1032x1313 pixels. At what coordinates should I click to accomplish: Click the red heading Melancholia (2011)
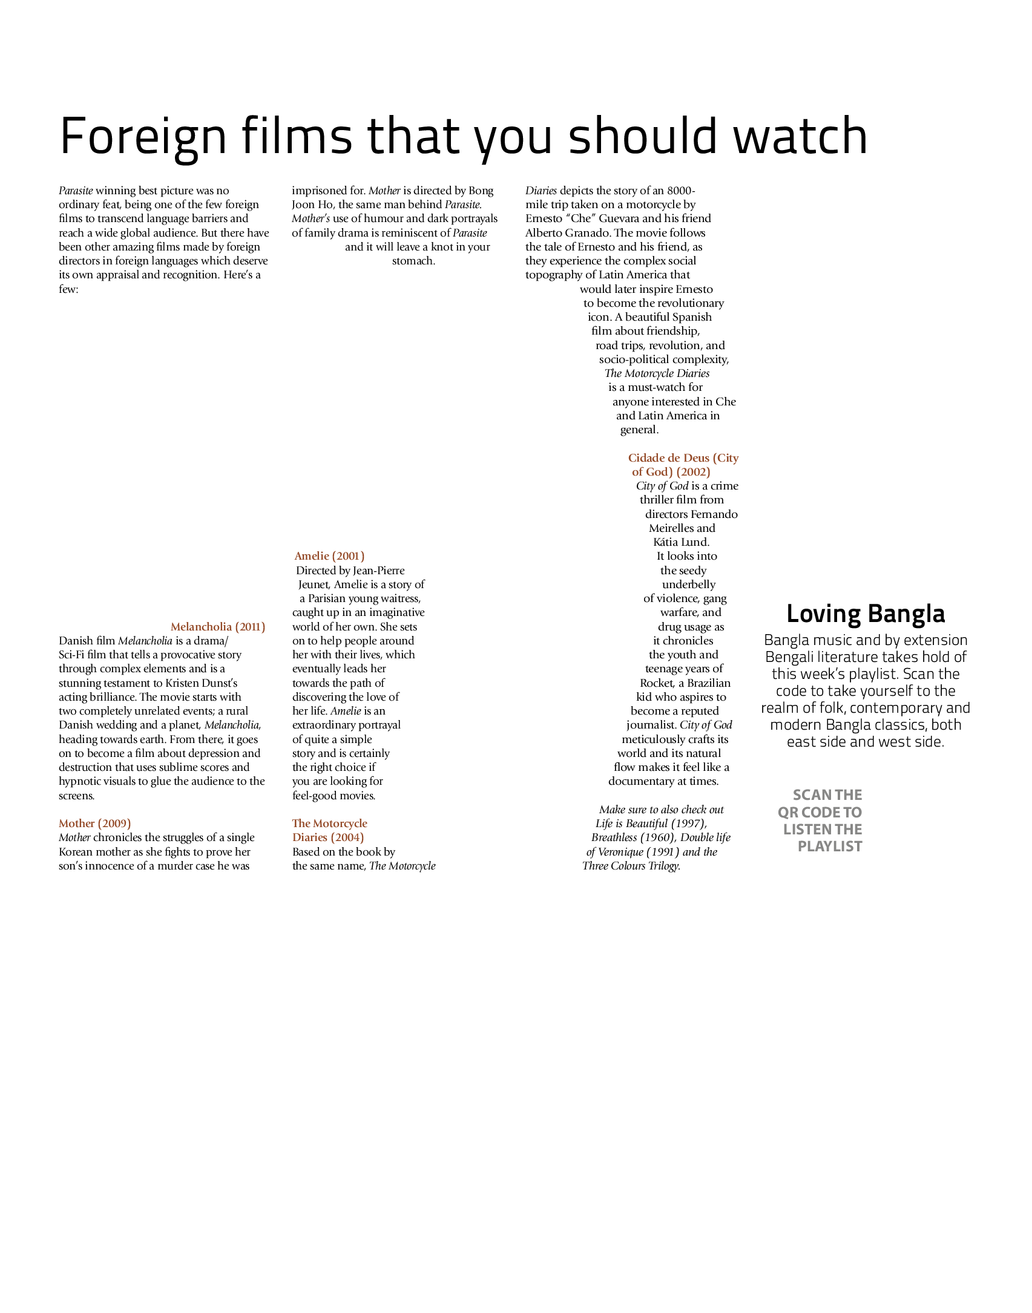(x=218, y=627)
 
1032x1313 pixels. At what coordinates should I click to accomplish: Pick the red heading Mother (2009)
(x=95, y=823)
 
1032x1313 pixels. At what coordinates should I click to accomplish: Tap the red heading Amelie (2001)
(x=330, y=556)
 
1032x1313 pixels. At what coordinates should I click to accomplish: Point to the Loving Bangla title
(x=866, y=614)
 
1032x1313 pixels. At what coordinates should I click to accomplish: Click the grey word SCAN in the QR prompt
(x=810, y=795)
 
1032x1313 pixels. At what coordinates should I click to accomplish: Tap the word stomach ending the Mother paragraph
(x=413, y=261)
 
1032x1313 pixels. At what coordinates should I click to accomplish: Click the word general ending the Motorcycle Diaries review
(x=639, y=430)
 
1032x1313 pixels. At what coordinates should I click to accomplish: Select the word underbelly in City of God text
(x=689, y=584)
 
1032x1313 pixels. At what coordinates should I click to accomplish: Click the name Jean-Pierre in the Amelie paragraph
(x=378, y=570)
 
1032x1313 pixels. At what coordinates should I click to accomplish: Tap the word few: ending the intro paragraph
(x=68, y=289)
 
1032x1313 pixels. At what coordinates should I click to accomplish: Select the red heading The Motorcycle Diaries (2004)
(x=330, y=830)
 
